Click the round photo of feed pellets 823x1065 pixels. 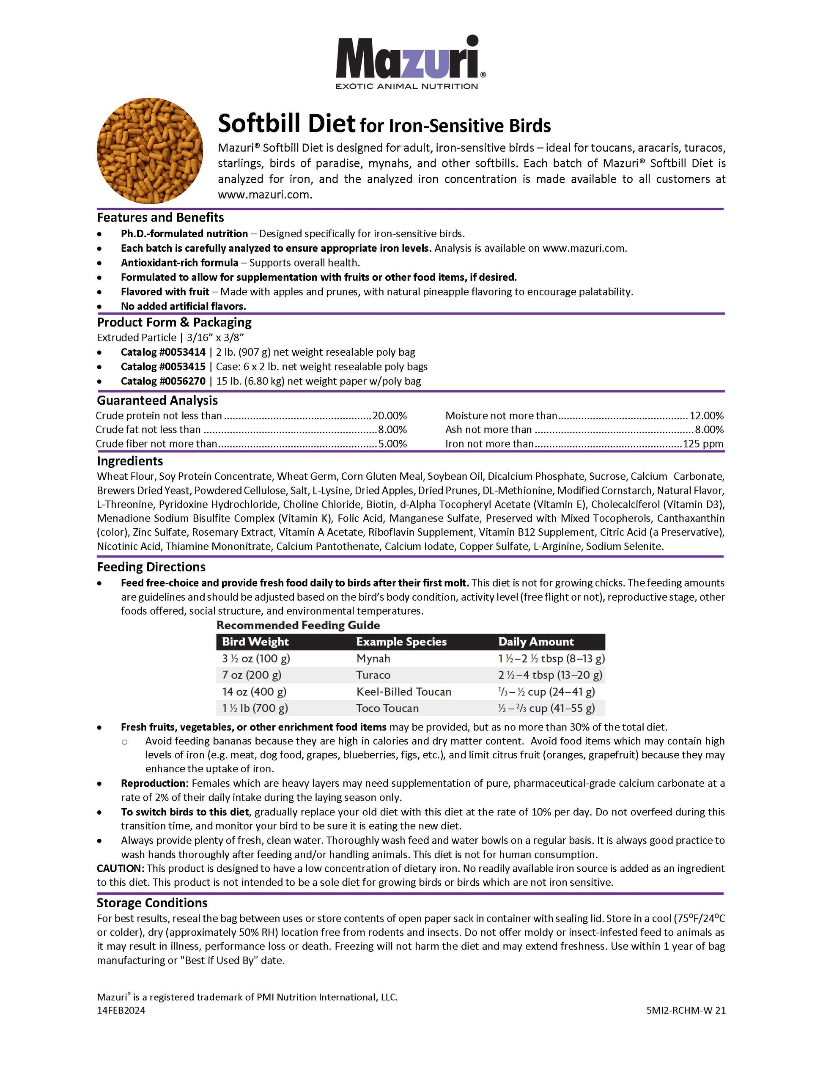click(x=150, y=150)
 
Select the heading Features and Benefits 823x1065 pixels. click(x=160, y=217)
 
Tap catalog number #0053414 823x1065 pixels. click(x=163, y=352)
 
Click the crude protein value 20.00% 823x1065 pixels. click(x=389, y=415)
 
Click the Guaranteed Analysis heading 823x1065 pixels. click(x=157, y=401)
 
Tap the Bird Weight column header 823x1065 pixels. click(x=255, y=642)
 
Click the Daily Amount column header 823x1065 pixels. click(x=536, y=642)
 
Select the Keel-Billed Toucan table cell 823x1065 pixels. click(x=404, y=692)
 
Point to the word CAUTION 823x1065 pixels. click(x=120, y=868)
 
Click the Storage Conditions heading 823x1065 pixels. click(x=152, y=903)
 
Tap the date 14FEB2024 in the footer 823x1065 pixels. click(x=121, y=1010)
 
